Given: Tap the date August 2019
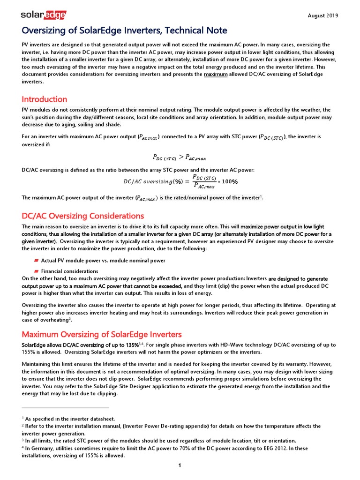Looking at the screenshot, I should (x=322, y=15).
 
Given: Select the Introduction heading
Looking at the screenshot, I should (x=45, y=99).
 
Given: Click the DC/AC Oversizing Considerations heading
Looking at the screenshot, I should (x=83, y=216).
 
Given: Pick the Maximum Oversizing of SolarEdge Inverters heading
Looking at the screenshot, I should (x=102, y=334).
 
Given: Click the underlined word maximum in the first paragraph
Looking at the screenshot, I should (x=216, y=75).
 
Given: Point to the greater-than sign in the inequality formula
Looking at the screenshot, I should (x=181, y=157).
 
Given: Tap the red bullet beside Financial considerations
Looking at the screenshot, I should (x=36, y=271).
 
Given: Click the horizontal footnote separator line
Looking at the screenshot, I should (x=65, y=407).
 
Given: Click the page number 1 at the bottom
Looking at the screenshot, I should (x=180, y=465).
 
